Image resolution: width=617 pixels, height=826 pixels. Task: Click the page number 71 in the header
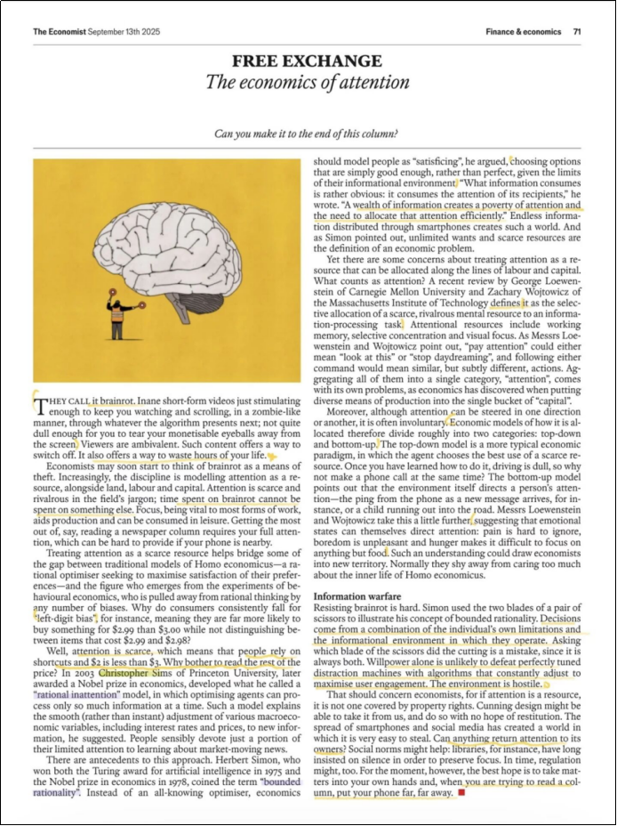click(577, 31)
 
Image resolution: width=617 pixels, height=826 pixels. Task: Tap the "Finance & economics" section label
click(524, 31)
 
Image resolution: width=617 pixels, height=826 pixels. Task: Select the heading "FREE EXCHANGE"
click(307, 61)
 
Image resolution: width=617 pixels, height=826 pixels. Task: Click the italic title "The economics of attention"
click(308, 83)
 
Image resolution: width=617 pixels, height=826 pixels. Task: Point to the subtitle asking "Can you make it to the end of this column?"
click(308, 134)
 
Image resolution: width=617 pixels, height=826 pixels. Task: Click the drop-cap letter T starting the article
click(38, 406)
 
